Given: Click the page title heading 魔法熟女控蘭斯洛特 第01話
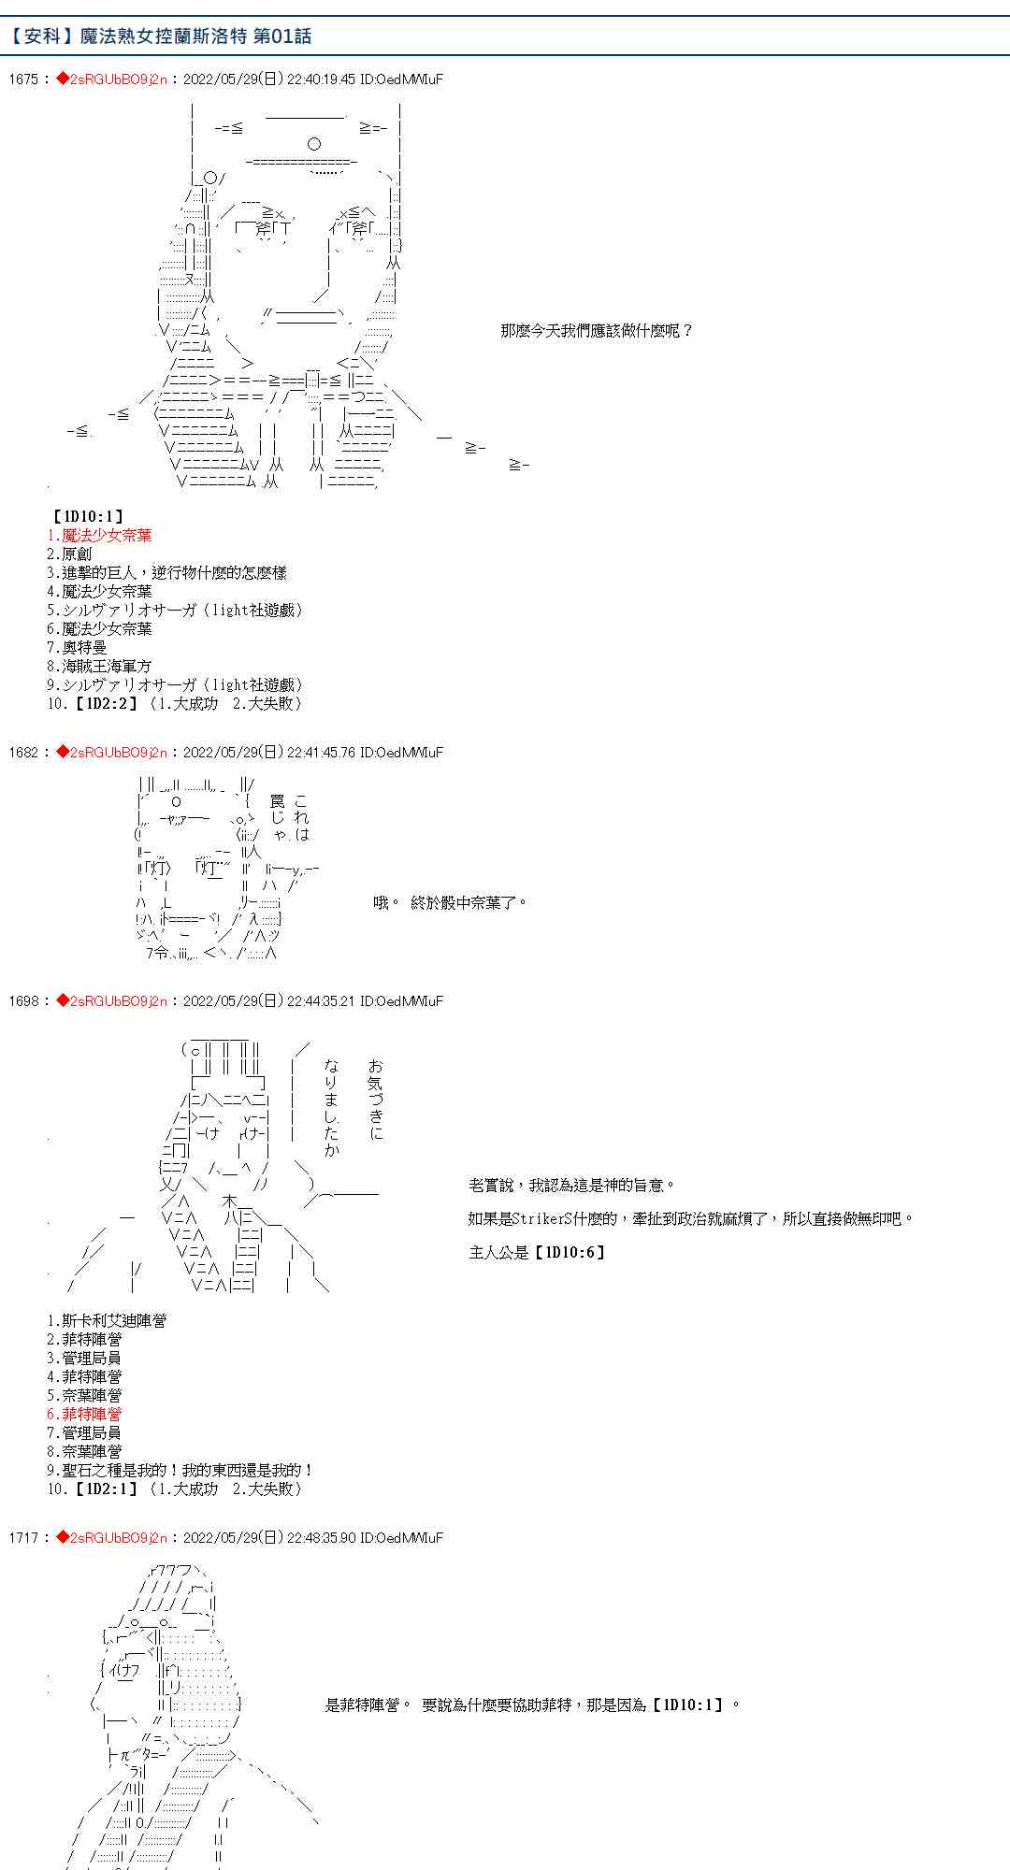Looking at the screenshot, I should point(161,36).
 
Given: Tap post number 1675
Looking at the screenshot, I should point(22,79).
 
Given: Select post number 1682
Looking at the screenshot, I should point(22,753).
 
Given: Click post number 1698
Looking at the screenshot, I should point(22,1001).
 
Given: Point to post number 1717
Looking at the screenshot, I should point(22,1538).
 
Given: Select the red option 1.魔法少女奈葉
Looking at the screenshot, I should point(99,536).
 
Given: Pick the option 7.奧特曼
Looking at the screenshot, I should point(77,648).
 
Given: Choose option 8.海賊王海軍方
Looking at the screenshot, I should point(99,667).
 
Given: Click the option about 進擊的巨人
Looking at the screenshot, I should point(166,573).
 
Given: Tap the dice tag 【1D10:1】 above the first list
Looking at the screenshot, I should point(87,516).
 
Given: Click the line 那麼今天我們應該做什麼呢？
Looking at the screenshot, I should point(596,331).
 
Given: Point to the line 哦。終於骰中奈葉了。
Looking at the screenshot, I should point(450,903).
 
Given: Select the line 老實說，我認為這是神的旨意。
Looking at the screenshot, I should point(571,1186).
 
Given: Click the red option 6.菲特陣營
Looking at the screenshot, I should point(84,1415).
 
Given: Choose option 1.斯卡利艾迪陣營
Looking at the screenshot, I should point(107,1321).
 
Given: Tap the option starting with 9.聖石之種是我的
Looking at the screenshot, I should point(180,1471).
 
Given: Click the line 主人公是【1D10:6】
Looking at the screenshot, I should point(538,1253).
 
